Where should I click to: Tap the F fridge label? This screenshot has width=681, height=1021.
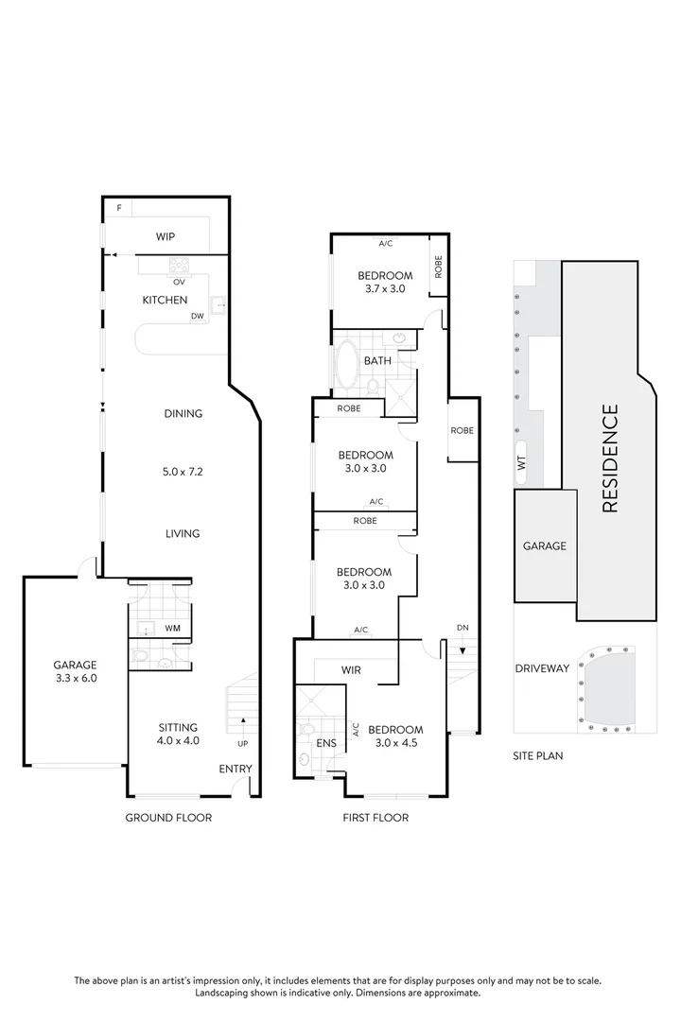pyautogui.click(x=119, y=207)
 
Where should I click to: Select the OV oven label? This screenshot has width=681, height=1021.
pyautogui.click(x=178, y=281)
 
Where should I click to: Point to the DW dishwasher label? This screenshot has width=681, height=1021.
pyautogui.click(x=197, y=317)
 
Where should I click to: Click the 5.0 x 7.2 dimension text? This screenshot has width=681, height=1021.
pyautogui.click(x=183, y=471)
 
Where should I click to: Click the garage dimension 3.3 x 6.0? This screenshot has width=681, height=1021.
pyautogui.click(x=75, y=678)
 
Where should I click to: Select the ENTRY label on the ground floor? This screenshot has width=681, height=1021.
pyautogui.click(x=236, y=769)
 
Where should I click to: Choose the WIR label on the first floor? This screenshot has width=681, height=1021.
pyautogui.click(x=351, y=670)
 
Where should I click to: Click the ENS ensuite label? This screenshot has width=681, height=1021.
pyautogui.click(x=326, y=743)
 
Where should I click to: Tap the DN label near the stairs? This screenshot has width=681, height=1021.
pyautogui.click(x=462, y=628)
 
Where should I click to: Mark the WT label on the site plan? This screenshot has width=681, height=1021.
pyautogui.click(x=521, y=463)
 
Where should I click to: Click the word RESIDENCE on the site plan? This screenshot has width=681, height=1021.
pyautogui.click(x=610, y=458)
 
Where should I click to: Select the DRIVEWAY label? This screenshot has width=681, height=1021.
pyautogui.click(x=542, y=668)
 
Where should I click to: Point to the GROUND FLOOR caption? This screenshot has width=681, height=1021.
pyautogui.click(x=168, y=818)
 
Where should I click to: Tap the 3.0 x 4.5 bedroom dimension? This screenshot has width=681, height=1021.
pyautogui.click(x=394, y=743)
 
